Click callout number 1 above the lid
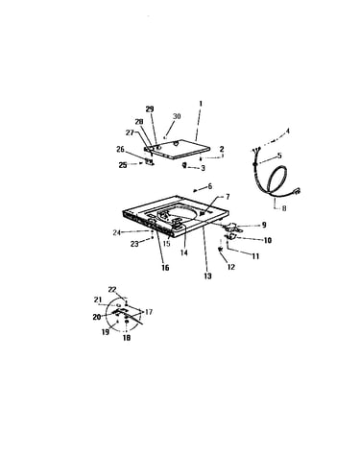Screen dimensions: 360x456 (201, 104)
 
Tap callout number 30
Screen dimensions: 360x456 (177, 116)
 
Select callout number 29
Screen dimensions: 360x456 (150, 109)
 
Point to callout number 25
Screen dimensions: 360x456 (123, 165)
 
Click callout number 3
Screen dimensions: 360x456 (203, 168)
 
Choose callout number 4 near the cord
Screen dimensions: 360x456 (287, 131)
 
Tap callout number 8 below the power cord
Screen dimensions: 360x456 (284, 208)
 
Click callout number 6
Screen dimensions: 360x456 (210, 186)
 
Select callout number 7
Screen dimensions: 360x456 (228, 197)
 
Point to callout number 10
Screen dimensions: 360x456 (268, 240)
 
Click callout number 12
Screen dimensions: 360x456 (231, 267)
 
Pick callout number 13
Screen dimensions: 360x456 (207, 276)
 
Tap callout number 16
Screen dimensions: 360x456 (165, 268)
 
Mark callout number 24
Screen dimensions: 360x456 (116, 232)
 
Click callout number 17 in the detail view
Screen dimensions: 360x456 (149, 312)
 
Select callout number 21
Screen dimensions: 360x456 (98, 300)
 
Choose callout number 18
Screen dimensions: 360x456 (127, 338)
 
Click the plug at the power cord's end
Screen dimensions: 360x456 (297, 192)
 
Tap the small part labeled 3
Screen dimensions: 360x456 (184, 165)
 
